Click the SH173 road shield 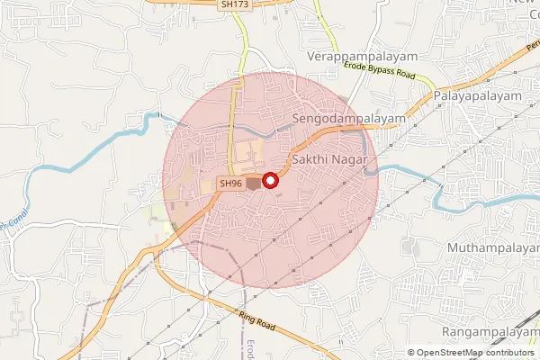[234, 4]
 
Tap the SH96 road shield [230, 184]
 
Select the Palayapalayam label [477, 94]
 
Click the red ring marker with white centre [268, 180]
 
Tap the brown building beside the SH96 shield [254, 184]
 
